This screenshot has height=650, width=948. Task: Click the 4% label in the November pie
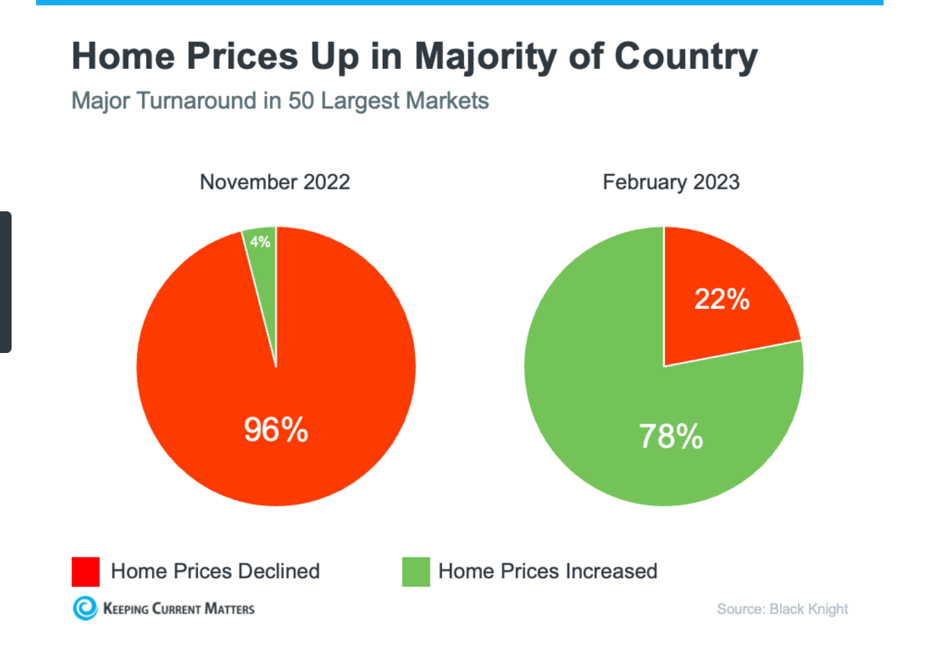(260, 242)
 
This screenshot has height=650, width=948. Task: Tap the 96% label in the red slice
(276, 430)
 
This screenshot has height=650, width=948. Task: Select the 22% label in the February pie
(722, 299)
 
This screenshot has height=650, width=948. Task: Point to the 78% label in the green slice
(671, 436)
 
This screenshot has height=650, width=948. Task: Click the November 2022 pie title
(275, 182)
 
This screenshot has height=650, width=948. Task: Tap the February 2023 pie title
(671, 182)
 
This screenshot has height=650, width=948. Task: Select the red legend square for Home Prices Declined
(86, 571)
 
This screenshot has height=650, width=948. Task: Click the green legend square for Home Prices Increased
(416, 571)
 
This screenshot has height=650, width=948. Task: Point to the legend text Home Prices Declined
(215, 571)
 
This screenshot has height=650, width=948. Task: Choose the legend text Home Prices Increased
(548, 571)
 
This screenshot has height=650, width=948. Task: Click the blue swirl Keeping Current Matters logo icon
(85, 608)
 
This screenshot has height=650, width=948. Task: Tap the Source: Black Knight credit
(782, 609)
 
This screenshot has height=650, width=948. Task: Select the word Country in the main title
(686, 57)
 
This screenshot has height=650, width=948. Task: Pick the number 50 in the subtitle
(301, 101)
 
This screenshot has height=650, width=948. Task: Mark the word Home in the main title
(123, 57)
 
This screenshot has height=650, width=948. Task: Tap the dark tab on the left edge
(6, 282)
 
